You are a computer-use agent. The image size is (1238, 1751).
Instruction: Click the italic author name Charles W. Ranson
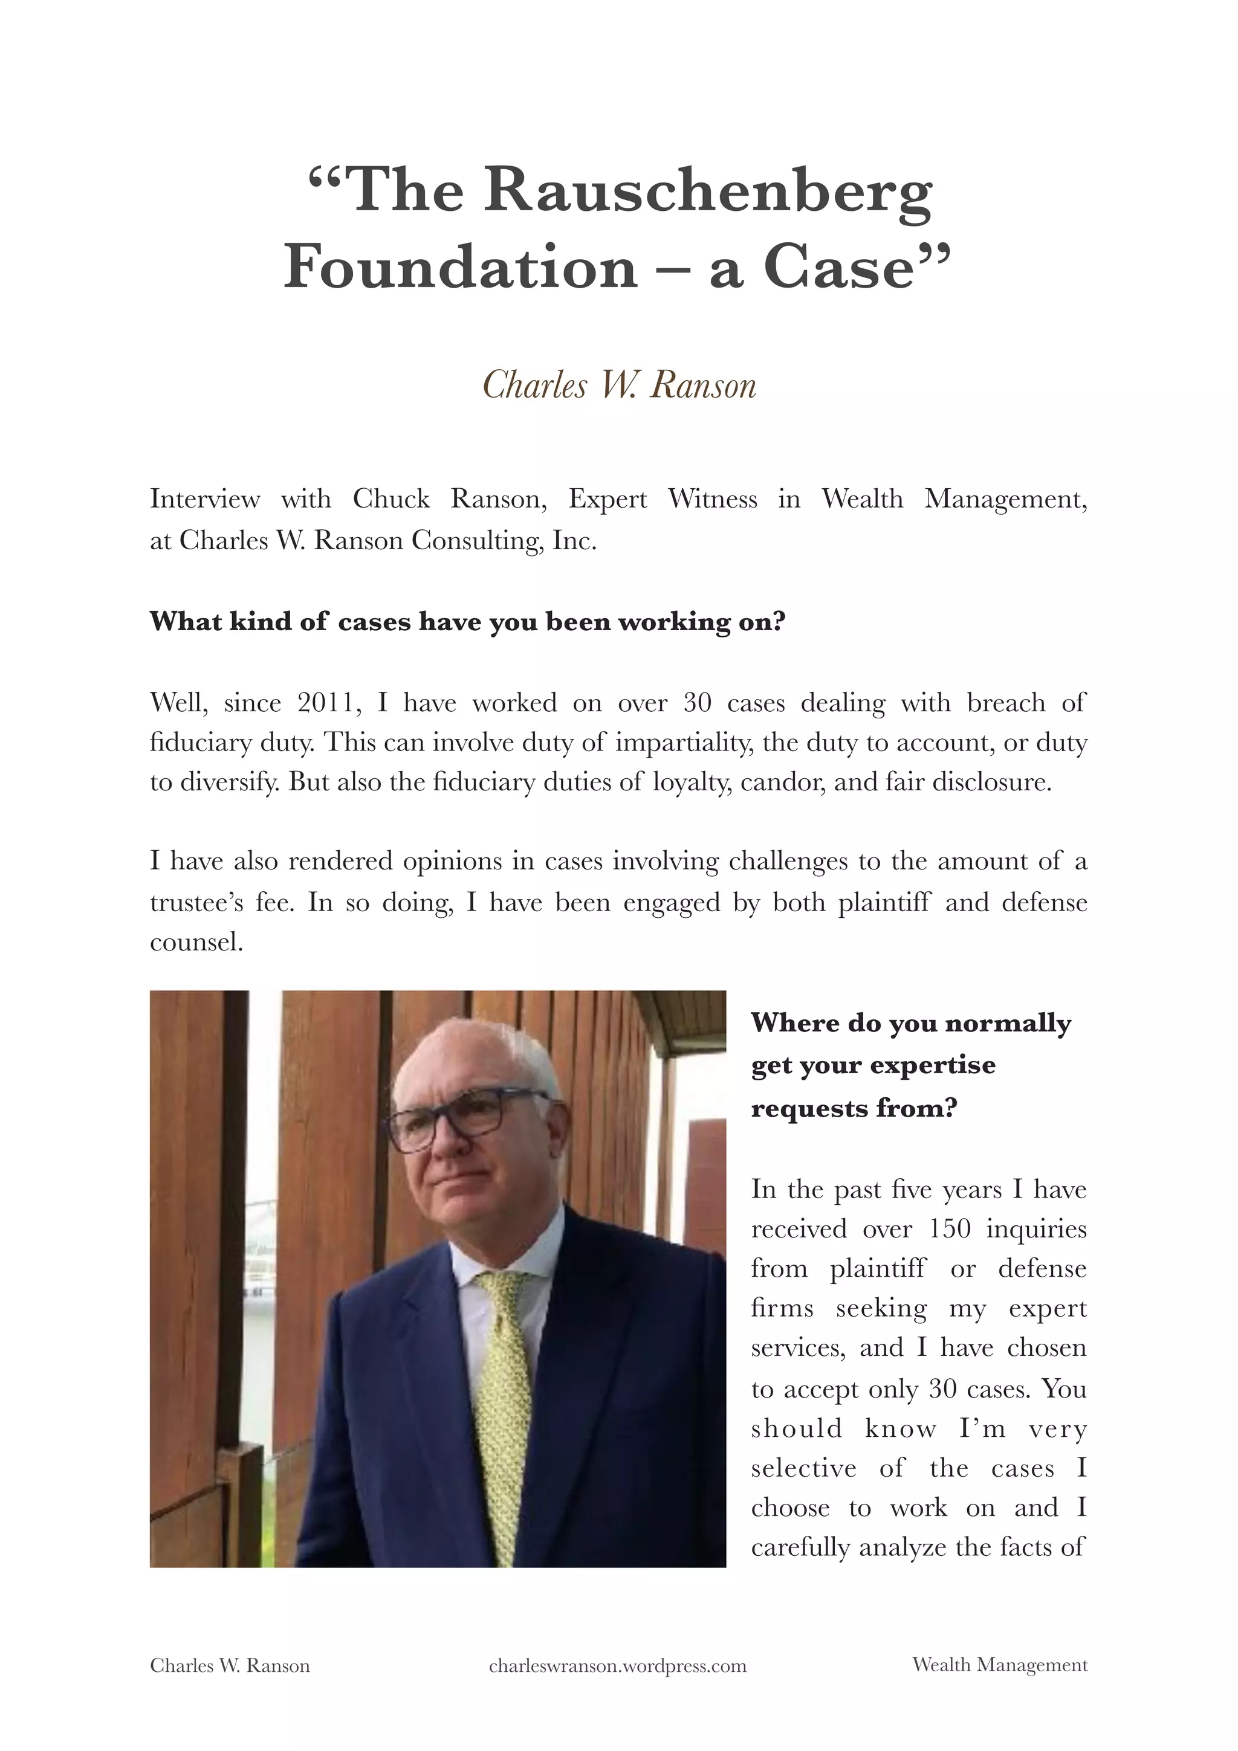pos(620,385)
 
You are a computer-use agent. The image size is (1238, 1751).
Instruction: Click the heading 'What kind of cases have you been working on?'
pos(467,622)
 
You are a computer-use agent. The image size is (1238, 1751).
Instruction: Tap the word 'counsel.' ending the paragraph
pos(196,943)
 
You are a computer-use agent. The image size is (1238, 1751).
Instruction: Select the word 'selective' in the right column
pos(803,1467)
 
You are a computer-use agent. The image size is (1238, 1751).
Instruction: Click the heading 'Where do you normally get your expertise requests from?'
pos(910,1065)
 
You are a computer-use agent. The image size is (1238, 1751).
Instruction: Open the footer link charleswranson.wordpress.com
pos(617,1666)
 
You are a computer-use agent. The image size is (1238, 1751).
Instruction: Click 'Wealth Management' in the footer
pos(999,1665)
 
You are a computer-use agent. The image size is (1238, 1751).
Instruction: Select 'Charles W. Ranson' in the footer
pos(230,1666)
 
